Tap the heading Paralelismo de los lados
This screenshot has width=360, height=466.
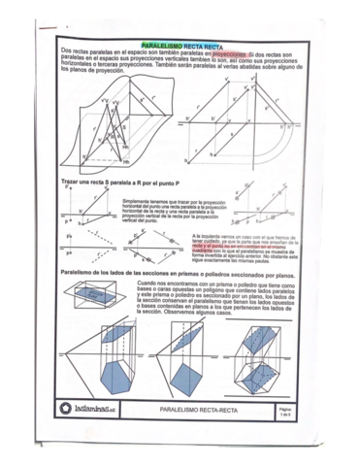175,273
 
